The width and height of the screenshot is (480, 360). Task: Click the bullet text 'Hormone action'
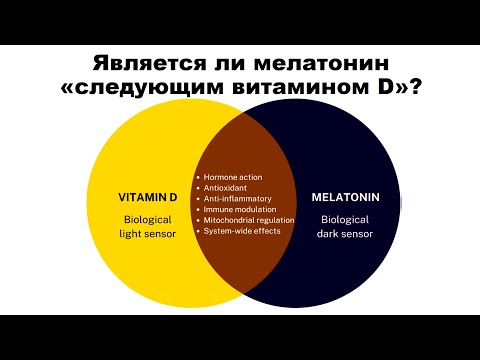237,177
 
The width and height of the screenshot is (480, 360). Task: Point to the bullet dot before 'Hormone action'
199,177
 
